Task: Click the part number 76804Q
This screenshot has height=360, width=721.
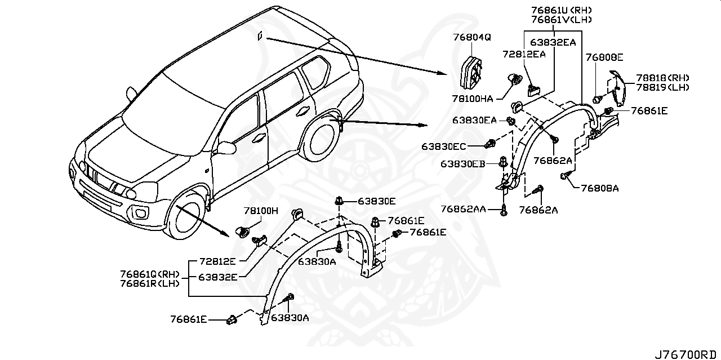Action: [x=472, y=37]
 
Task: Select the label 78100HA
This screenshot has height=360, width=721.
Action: [x=473, y=99]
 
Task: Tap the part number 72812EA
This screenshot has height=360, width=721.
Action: [x=524, y=54]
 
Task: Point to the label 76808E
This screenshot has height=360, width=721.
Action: [x=604, y=57]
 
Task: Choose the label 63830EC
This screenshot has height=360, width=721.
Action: [x=444, y=146]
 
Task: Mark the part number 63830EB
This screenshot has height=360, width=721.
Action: [x=462, y=164]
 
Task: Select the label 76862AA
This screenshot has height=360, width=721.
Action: [x=463, y=210]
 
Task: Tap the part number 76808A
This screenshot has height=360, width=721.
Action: [x=600, y=188]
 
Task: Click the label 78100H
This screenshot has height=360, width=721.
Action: [x=261, y=211]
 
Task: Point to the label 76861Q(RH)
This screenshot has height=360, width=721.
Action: [x=150, y=274]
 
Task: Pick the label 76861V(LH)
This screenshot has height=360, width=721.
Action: [x=553, y=20]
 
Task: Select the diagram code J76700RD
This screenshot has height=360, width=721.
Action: [x=687, y=354]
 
